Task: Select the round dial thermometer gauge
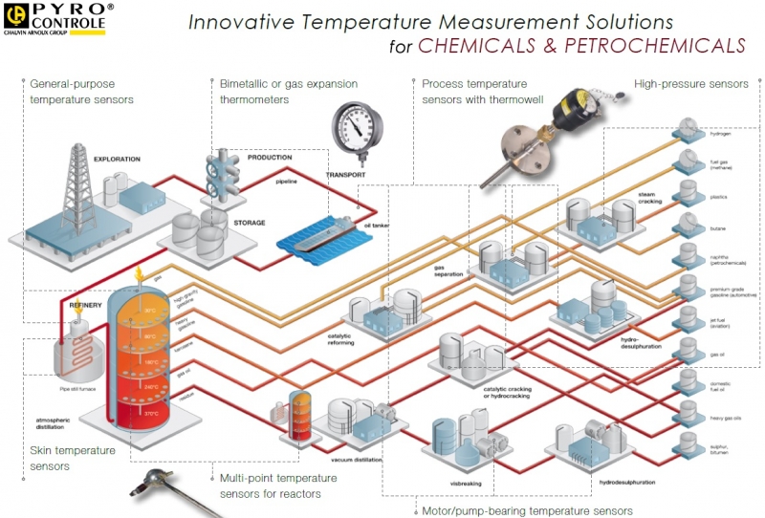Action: [x=358, y=129]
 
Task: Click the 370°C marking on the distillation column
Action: [x=151, y=414]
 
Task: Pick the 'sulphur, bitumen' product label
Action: [x=723, y=447]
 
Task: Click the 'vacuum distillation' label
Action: [x=363, y=460]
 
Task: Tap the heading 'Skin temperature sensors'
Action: [x=73, y=458]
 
